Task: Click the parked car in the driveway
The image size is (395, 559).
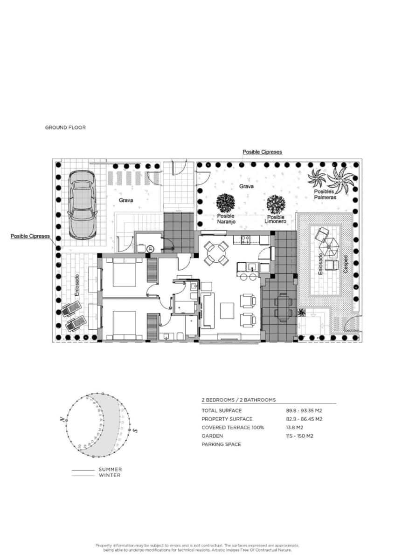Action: coord(82,203)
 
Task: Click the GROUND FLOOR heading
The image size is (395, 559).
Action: coord(65,127)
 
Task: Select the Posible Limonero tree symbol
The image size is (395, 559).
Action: coord(276,204)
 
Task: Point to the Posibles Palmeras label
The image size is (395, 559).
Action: coord(325,194)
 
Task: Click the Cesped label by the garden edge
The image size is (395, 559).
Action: coord(346,265)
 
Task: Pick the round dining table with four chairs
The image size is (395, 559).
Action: coord(217,253)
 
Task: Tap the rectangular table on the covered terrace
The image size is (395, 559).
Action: coord(282,307)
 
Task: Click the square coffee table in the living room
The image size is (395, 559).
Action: coord(227,310)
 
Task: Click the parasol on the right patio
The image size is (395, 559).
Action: coord(330,245)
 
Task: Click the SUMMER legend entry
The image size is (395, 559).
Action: coord(110,470)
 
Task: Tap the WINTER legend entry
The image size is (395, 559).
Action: coord(109,475)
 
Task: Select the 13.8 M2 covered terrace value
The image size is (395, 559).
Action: coord(295,428)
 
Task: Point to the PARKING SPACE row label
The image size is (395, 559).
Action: coord(222,444)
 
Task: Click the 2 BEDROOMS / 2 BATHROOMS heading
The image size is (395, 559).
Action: coord(238,400)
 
